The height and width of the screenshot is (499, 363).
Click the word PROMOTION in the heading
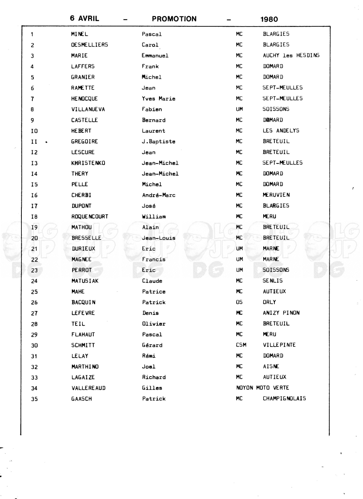[x=174, y=19]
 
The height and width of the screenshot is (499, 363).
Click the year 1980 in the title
[x=269, y=19]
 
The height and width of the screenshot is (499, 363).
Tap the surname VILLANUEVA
[x=88, y=109]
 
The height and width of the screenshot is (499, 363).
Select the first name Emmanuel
[x=155, y=55]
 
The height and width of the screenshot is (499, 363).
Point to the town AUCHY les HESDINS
[x=291, y=55]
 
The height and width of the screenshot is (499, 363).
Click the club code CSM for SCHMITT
[x=241, y=345]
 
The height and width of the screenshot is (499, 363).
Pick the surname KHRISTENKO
[x=88, y=163]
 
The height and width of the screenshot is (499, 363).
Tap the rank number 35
[x=34, y=399]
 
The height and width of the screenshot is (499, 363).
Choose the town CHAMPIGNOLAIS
[x=284, y=399]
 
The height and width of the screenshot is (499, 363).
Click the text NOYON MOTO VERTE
[x=262, y=388]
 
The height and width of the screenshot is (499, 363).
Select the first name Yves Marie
[x=159, y=99]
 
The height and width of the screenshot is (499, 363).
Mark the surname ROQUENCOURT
[x=90, y=217]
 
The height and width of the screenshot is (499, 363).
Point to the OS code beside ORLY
[x=239, y=302]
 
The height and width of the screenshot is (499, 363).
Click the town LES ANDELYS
[x=281, y=131]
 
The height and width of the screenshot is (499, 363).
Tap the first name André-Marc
[x=159, y=195]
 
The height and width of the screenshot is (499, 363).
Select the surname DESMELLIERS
[x=89, y=45]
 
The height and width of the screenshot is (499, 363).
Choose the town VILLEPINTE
[x=279, y=345]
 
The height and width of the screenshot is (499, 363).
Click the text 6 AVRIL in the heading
[x=85, y=18]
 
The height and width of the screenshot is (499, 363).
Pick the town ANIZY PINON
[x=281, y=313]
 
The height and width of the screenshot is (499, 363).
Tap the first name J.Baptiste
[x=158, y=142]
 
